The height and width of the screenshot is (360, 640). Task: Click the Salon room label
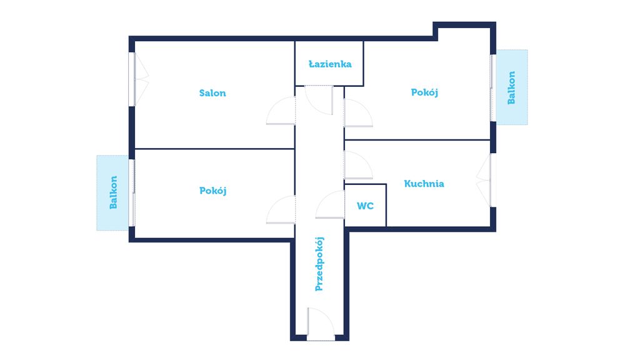click(212, 93)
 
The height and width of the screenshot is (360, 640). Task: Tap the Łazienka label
click(330, 64)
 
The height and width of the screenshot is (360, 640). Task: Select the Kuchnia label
click(424, 184)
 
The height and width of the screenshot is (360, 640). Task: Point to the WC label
click(365, 206)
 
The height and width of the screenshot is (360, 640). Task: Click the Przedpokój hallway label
click(319, 264)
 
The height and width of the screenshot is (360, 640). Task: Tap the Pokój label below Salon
click(212, 191)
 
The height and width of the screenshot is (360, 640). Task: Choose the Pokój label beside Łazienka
click(424, 92)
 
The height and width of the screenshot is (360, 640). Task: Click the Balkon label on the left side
click(113, 192)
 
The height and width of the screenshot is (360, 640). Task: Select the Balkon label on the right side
click(511, 87)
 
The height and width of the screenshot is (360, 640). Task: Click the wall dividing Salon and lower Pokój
click(215, 149)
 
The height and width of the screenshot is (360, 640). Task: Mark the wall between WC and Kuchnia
click(386, 205)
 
